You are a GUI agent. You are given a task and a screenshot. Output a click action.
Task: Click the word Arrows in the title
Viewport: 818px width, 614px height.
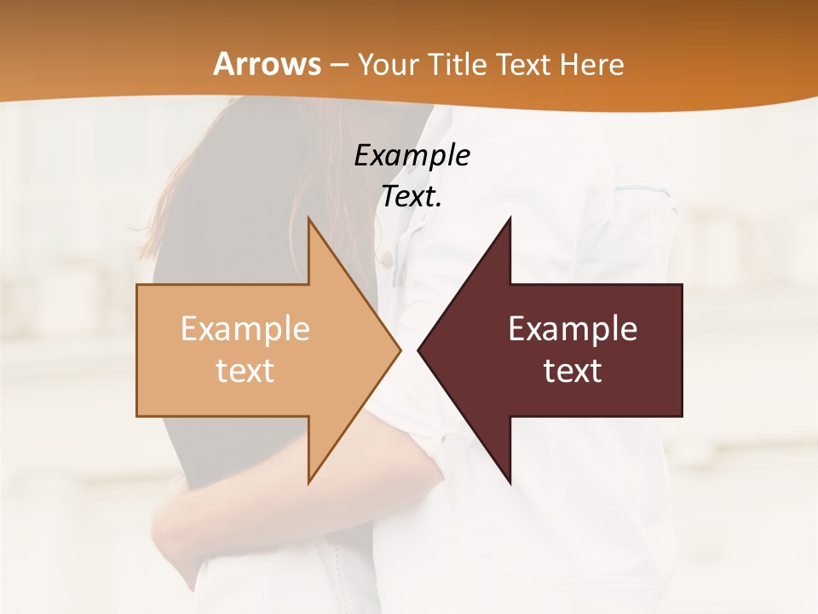coord(267,64)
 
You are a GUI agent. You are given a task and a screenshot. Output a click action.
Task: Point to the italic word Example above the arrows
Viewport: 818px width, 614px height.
coord(412,156)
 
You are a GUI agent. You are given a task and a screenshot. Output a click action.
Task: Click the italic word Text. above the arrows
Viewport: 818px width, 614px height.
coord(412,196)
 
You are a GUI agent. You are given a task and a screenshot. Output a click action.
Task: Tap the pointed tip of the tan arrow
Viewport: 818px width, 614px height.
coord(400,350)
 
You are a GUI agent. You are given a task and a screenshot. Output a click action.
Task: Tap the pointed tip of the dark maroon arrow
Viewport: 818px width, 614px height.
coord(418,350)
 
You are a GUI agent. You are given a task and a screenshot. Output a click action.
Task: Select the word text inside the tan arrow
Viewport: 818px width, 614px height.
coord(245,371)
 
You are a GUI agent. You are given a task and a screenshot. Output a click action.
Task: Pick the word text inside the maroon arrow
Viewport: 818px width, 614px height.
coord(573,371)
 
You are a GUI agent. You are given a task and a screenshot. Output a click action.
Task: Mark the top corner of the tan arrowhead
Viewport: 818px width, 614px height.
coord(309,217)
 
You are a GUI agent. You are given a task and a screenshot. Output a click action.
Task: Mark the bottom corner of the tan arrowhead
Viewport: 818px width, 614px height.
coord(309,483)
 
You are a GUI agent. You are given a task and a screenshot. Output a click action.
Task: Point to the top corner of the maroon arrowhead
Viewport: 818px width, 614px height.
coord(510,217)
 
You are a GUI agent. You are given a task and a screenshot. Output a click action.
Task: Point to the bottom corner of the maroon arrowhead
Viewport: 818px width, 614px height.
coord(510,483)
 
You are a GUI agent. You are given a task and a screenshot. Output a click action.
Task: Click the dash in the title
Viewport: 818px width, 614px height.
coord(338,65)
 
